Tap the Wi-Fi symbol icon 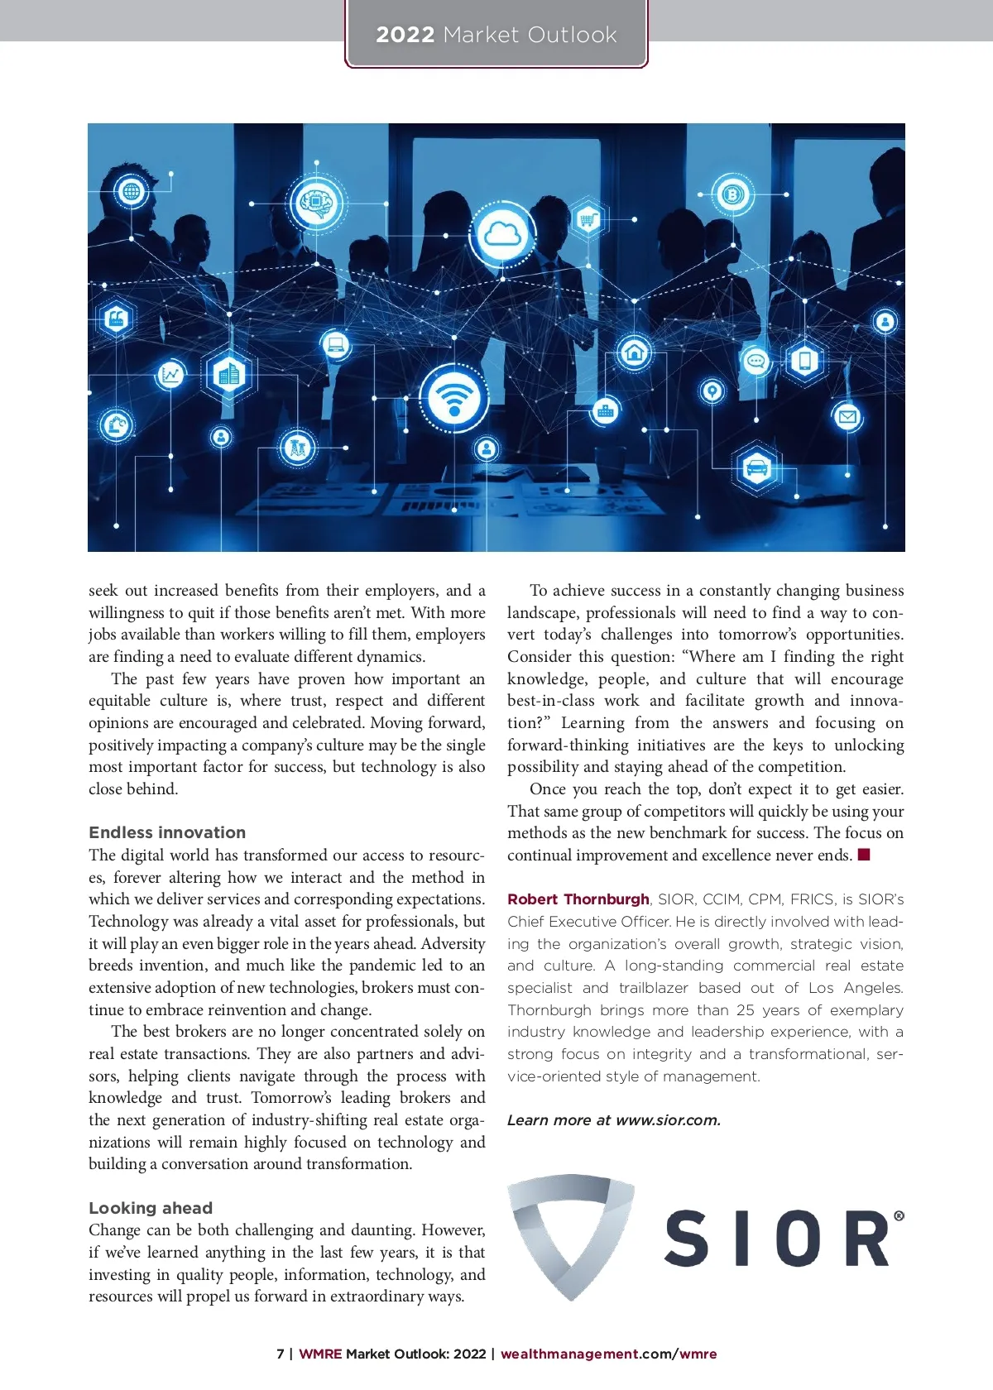pyautogui.click(x=453, y=398)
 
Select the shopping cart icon pyautogui.click(x=588, y=219)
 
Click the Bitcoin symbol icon pyautogui.click(x=732, y=196)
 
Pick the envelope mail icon pyautogui.click(x=847, y=416)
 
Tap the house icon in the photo pyautogui.click(x=635, y=352)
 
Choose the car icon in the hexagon pyautogui.click(x=756, y=469)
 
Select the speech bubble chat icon pyautogui.click(x=756, y=362)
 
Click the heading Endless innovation pyautogui.click(x=167, y=832)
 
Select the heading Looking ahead pyautogui.click(x=151, y=1208)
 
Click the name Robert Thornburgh pyautogui.click(x=578, y=899)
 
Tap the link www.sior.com pyautogui.click(x=668, y=1120)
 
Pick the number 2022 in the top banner pyautogui.click(x=405, y=35)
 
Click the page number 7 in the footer pyautogui.click(x=281, y=1354)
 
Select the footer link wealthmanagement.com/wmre pyautogui.click(x=608, y=1354)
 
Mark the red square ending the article pyautogui.click(x=864, y=855)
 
